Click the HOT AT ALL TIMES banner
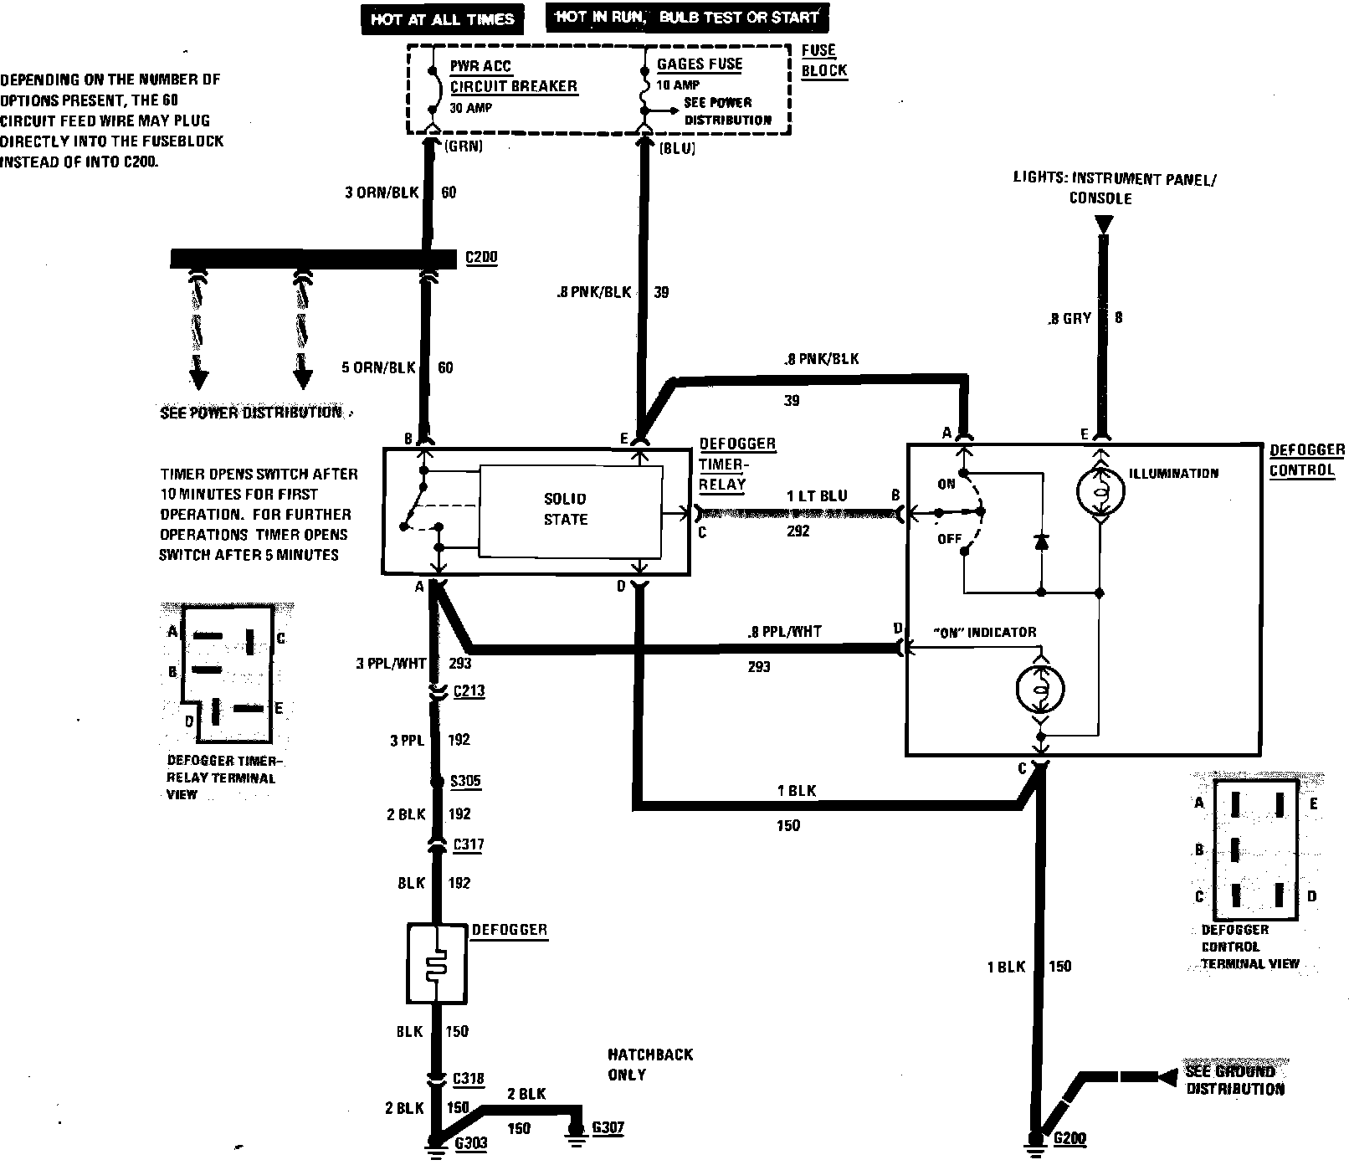[442, 19]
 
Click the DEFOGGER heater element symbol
[437, 964]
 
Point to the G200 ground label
[1069, 1139]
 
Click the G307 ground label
[608, 1128]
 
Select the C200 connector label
[481, 258]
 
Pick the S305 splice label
[466, 782]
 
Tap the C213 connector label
[469, 691]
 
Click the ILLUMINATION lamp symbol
[1100, 492]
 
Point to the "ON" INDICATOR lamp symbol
[1039, 689]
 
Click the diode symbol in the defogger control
[1041, 542]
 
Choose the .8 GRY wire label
[1069, 319]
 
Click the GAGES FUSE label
[700, 64]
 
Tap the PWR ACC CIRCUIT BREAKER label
[513, 76]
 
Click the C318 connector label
[468, 1079]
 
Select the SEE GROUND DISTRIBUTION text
[1234, 1080]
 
